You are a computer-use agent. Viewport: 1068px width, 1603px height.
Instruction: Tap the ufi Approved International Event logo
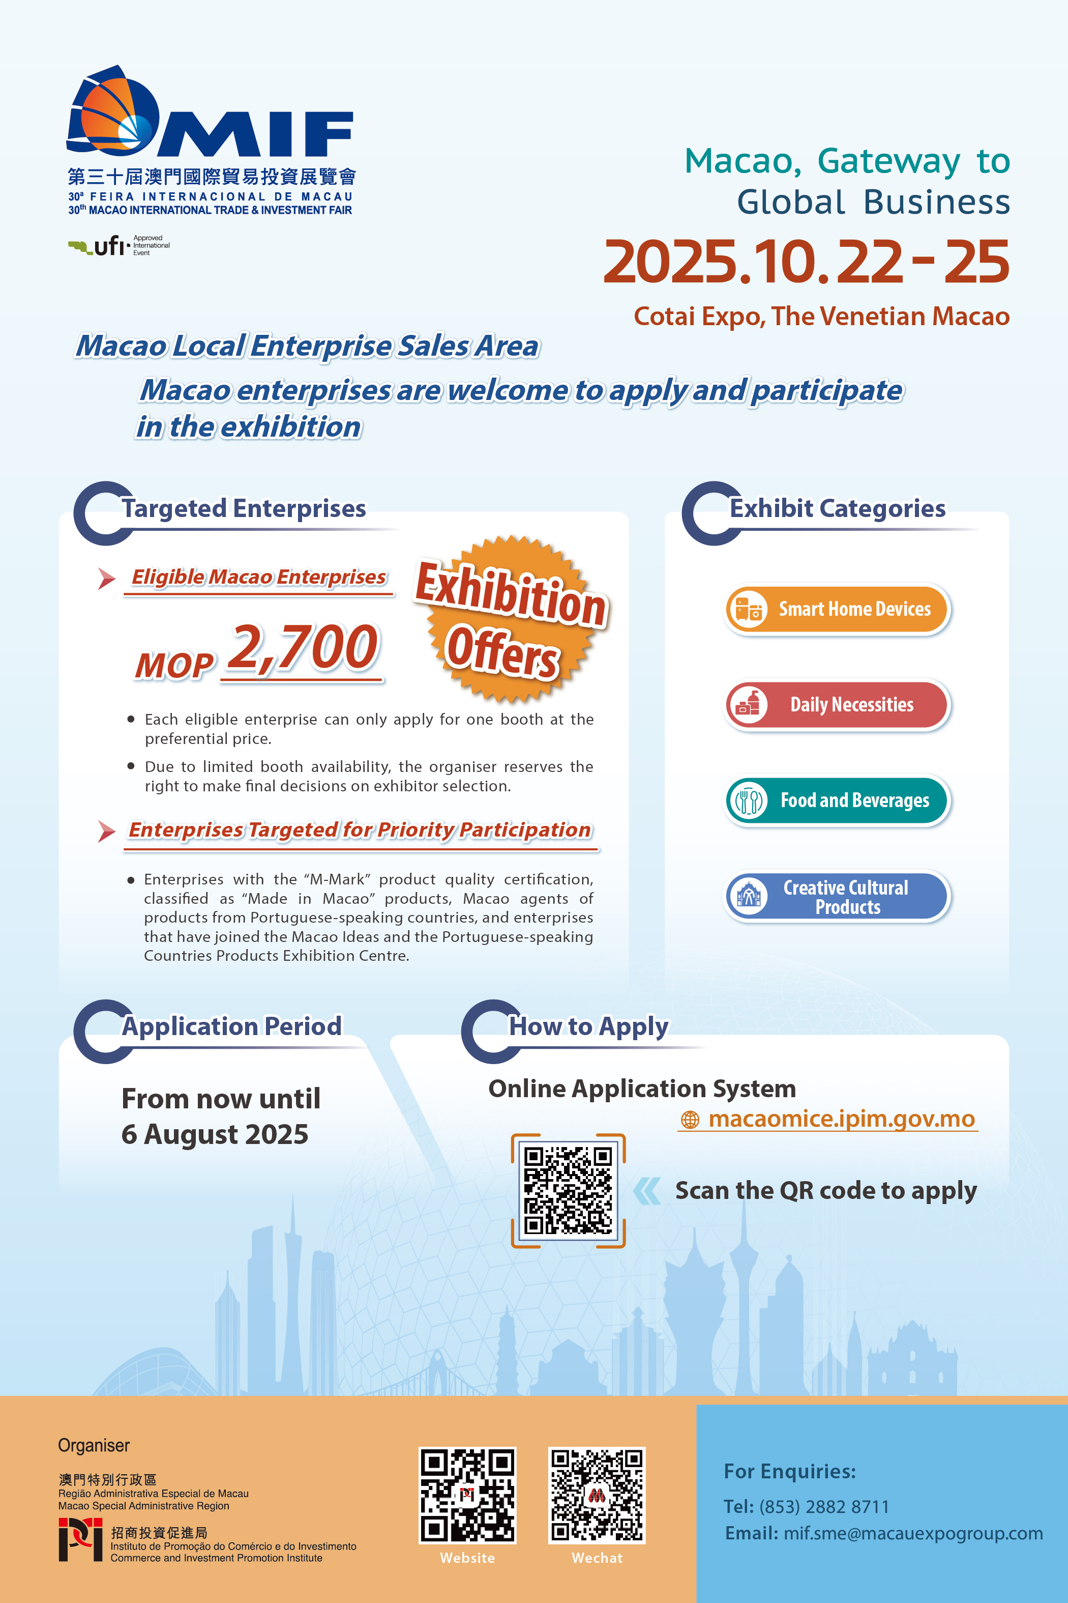118,245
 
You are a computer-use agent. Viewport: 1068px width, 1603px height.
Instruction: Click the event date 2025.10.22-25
806,263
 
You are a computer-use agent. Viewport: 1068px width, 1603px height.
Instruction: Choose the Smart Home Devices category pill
837,609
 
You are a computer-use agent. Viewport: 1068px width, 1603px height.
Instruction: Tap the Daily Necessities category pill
837,705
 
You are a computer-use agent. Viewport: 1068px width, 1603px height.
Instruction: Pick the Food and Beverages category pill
837,800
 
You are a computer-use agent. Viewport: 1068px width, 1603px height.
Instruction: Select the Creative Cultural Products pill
837,896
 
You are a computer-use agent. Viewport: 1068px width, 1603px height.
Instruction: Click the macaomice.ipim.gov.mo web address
841,1119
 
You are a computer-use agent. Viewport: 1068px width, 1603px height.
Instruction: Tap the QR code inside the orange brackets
568,1190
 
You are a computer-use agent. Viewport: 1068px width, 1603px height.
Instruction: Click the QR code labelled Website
467,1495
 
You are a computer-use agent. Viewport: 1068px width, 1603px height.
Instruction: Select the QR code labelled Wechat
597,1495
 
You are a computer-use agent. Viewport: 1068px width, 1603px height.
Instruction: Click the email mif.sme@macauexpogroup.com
913,1533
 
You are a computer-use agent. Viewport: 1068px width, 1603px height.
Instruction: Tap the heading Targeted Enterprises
243,508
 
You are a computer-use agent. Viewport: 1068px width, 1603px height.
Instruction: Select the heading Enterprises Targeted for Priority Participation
360,830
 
